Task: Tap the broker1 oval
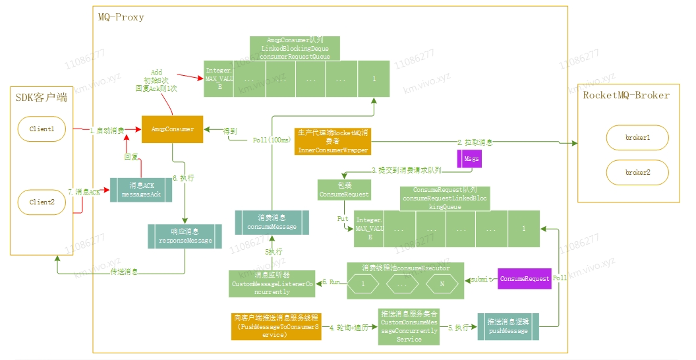pyautogui.click(x=637, y=138)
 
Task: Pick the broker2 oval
pyautogui.click(x=637, y=172)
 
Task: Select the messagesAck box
pyautogui.click(x=140, y=189)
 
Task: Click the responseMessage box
pyautogui.click(x=185, y=237)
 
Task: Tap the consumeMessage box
pyautogui.click(x=273, y=222)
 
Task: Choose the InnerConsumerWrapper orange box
pyautogui.click(x=332, y=141)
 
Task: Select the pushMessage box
pyautogui.click(x=507, y=326)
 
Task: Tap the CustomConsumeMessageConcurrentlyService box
pyautogui.click(x=409, y=326)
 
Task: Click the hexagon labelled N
pyautogui.click(x=441, y=284)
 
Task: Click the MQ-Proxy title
pyautogui.click(x=117, y=16)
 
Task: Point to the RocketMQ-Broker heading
pyautogui.click(x=626, y=95)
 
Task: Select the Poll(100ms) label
pyautogui.click(x=272, y=140)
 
